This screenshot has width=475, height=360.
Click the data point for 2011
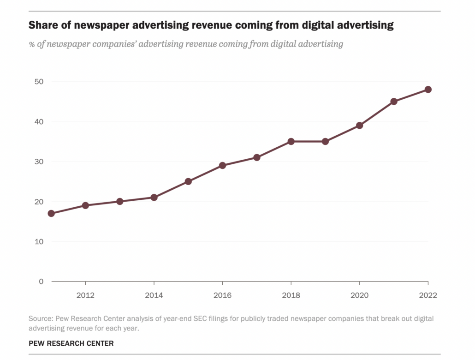51,213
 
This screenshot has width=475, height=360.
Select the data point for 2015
188,181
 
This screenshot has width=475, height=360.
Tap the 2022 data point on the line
428,90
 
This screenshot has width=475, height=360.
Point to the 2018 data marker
291,141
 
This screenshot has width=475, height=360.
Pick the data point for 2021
394,102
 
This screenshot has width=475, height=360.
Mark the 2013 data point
120,201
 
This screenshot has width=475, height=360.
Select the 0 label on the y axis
41,281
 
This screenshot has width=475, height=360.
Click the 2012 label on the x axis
85,295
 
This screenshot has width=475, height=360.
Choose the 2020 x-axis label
359,295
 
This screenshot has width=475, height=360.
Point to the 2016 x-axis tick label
222,295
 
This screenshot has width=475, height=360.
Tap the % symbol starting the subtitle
32,44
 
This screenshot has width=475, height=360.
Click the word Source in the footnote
40,319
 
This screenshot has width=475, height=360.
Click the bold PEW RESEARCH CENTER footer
71,343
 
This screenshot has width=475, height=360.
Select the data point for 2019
325,141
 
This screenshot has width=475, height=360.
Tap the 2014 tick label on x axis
154,295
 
